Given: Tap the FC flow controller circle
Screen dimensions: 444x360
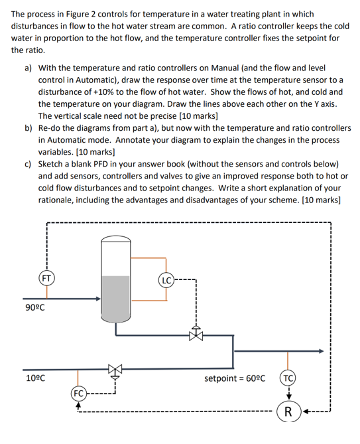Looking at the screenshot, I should click(x=79, y=393).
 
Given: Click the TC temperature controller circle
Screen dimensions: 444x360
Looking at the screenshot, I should click(x=288, y=379).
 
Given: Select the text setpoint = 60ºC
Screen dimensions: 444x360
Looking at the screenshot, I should click(x=235, y=379).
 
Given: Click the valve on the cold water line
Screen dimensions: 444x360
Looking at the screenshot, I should click(x=116, y=369).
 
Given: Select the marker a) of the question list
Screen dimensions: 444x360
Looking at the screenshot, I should click(x=29, y=68).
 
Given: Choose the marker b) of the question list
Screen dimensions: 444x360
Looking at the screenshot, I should click(x=29, y=128).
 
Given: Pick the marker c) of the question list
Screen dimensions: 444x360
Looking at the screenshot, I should click(x=29, y=164).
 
